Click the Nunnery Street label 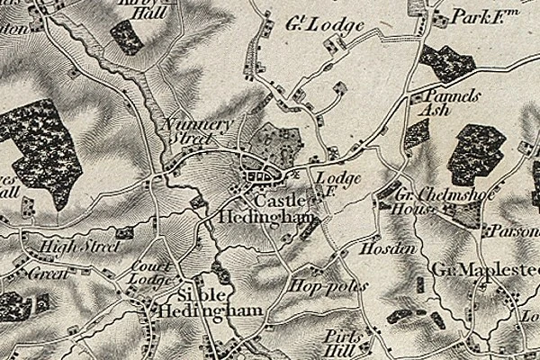[x=194, y=131]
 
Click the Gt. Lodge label [x=327, y=24]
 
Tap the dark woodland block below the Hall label [x=126, y=35]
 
